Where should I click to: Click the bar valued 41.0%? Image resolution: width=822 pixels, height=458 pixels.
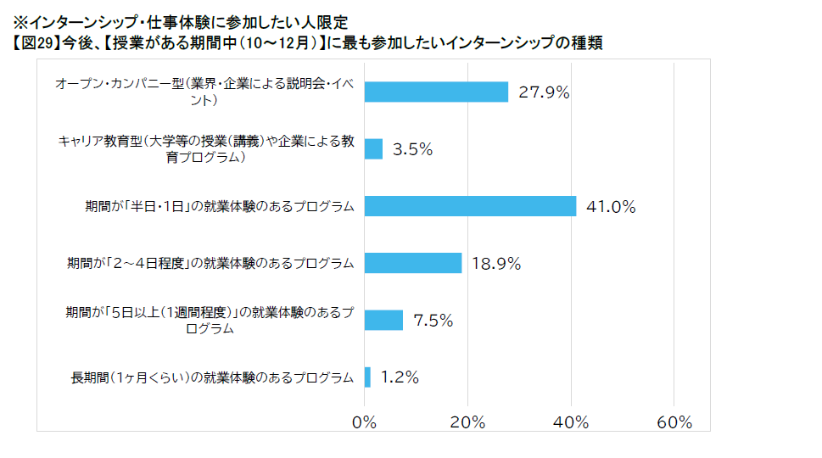tap(470, 206)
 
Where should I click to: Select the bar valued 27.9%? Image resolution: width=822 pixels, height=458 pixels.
tap(436, 92)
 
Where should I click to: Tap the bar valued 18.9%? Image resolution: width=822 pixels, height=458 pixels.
tap(413, 263)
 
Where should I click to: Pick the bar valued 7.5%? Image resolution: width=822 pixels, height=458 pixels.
tap(383, 320)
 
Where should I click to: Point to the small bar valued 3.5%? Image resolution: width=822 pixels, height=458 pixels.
tap(373, 149)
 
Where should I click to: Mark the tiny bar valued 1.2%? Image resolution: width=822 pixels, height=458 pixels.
tap(367, 377)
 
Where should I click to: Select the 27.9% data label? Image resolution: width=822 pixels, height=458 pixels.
tap(544, 92)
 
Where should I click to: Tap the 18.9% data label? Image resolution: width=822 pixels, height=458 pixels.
tap(495, 263)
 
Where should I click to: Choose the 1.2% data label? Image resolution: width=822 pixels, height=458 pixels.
tap(400, 377)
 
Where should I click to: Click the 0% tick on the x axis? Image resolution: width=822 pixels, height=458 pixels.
tap(365, 422)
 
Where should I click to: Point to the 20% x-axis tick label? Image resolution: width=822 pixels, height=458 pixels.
tap(467, 422)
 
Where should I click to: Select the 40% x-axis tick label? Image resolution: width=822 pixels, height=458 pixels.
tap(571, 422)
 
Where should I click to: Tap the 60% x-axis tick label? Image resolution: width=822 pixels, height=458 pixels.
tap(674, 422)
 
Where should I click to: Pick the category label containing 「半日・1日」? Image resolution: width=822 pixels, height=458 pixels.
tap(219, 206)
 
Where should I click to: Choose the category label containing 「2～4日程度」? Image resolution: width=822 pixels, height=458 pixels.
tap(210, 263)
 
